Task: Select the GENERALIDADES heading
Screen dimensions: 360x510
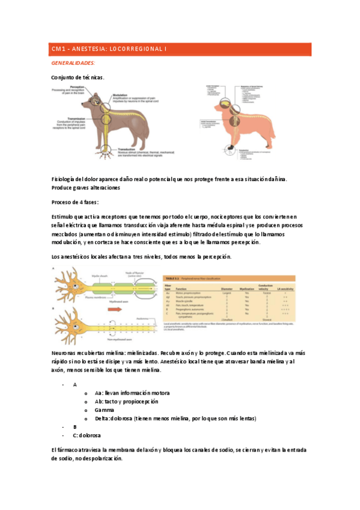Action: [x=73, y=63]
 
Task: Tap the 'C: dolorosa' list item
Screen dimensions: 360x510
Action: [x=87, y=435]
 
